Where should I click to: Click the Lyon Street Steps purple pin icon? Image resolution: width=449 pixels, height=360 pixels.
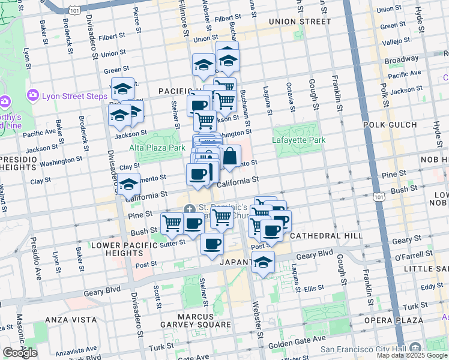pos(32,95)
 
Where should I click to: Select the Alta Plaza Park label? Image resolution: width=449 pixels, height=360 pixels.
pos(157,147)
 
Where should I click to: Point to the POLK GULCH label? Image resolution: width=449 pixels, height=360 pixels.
pos(390,125)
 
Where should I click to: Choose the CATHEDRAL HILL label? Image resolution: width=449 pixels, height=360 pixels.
pos(326,236)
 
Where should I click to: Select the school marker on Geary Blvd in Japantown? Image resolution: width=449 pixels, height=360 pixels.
pos(263,262)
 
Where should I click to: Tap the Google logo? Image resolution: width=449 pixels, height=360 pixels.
pos(20,353)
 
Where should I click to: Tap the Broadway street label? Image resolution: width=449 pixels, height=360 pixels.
pos(401,60)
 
